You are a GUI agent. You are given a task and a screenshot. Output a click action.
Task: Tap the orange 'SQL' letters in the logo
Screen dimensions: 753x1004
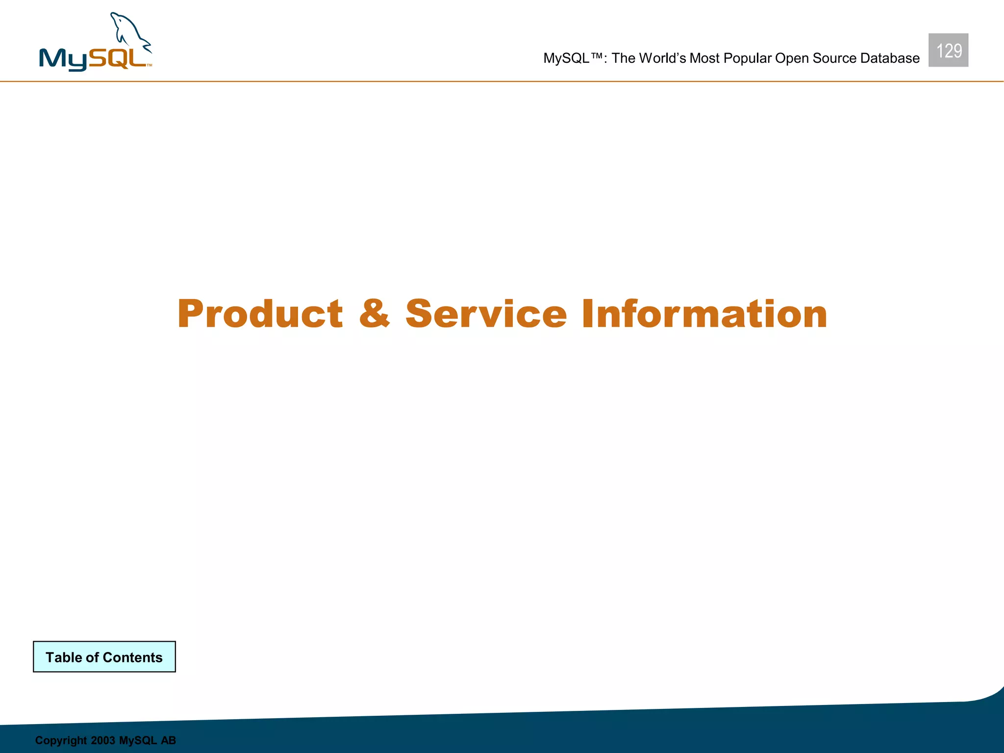(x=118, y=58)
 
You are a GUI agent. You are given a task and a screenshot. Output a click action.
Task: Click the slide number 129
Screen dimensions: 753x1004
(x=948, y=50)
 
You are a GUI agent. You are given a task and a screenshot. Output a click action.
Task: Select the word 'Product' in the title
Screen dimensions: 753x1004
(x=260, y=314)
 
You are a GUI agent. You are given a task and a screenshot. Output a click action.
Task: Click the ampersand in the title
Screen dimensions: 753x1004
(x=375, y=314)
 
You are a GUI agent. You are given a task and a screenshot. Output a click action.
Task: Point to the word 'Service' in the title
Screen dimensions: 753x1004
(x=486, y=314)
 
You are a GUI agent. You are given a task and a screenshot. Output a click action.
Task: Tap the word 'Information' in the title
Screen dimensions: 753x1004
(x=704, y=314)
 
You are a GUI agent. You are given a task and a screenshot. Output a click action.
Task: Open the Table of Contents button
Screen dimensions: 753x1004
(x=104, y=657)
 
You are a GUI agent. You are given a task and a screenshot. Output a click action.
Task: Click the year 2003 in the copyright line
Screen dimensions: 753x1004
(x=103, y=740)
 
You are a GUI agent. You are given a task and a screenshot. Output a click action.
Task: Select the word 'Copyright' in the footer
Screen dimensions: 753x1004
(x=61, y=740)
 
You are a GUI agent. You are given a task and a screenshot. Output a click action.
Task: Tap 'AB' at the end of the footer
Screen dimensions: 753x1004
(x=168, y=740)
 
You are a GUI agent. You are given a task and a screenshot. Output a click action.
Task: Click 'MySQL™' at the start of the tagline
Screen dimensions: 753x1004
(x=573, y=58)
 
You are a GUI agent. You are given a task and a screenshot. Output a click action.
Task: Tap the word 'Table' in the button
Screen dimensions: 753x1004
(x=64, y=657)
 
